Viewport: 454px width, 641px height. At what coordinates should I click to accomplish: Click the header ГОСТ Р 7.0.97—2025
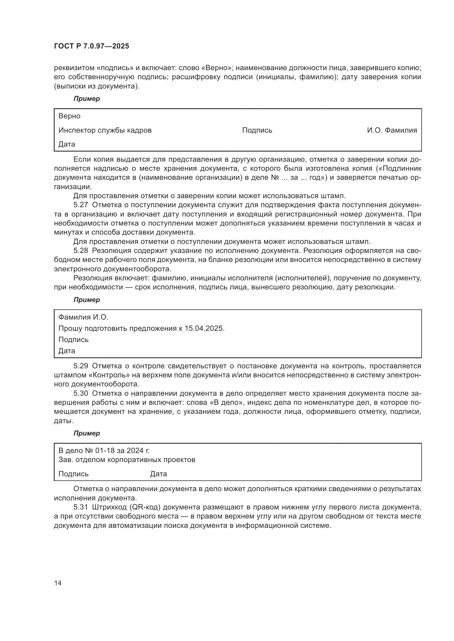click(x=91, y=46)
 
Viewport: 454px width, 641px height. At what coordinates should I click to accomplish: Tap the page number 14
click(x=58, y=583)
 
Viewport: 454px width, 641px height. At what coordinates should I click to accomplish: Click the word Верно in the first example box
click(x=69, y=116)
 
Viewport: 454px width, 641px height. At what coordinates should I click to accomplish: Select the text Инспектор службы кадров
click(x=105, y=130)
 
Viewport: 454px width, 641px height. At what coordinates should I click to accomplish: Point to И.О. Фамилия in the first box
click(x=392, y=130)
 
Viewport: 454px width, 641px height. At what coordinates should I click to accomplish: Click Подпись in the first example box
click(x=257, y=130)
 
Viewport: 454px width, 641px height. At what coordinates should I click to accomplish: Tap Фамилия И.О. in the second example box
click(x=83, y=317)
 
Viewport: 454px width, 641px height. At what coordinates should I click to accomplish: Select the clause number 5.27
click(x=80, y=205)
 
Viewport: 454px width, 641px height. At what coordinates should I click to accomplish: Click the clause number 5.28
click(x=80, y=251)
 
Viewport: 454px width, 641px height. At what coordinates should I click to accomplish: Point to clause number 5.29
click(x=80, y=366)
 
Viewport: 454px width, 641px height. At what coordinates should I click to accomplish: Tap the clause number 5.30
click(x=80, y=393)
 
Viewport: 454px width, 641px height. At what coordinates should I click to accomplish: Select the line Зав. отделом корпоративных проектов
click(x=127, y=460)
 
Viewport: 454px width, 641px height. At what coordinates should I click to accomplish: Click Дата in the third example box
click(x=158, y=474)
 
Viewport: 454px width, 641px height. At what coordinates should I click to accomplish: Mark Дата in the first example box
click(x=67, y=144)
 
